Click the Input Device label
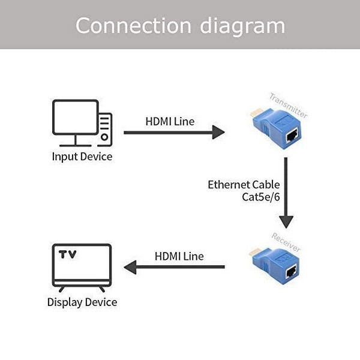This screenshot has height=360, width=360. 82,157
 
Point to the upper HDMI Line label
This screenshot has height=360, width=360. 170,121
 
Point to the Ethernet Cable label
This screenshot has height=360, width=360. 244,184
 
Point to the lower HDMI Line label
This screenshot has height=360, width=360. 179,256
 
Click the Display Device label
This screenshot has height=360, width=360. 82,302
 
